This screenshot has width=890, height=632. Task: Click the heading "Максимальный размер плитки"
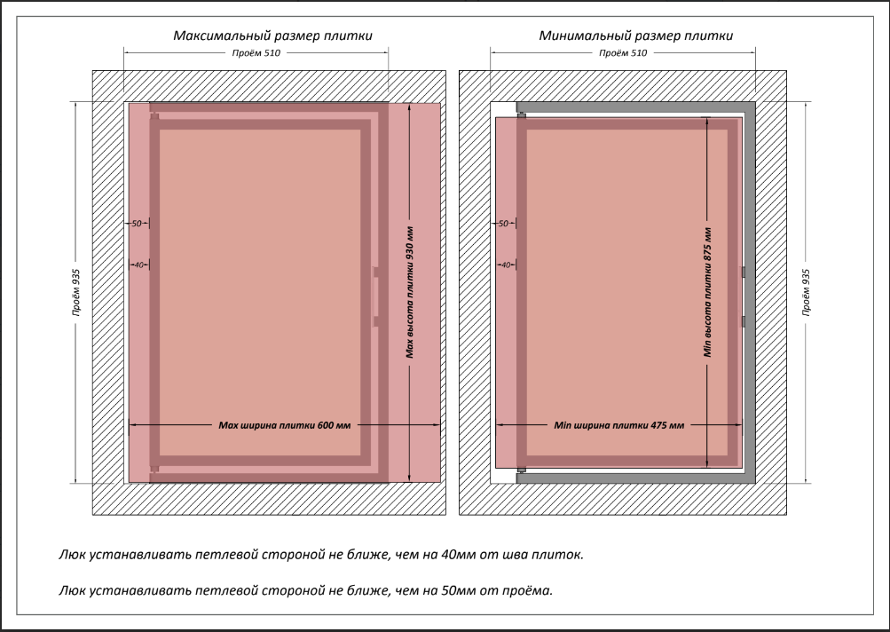(272, 36)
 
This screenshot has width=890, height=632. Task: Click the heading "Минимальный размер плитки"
(635, 36)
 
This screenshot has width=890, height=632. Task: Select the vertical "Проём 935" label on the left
(78, 292)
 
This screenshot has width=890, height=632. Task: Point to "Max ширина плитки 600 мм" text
(285, 426)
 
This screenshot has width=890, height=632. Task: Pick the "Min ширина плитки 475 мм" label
(618, 426)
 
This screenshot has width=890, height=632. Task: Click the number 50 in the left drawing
(137, 224)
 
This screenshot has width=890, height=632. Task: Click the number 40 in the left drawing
(137, 265)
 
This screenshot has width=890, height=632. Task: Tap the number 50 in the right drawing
(503, 224)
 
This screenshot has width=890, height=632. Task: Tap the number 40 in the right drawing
(503, 265)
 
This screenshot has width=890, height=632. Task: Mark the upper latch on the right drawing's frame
(743, 272)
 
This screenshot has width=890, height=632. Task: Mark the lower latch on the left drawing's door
(376, 320)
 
